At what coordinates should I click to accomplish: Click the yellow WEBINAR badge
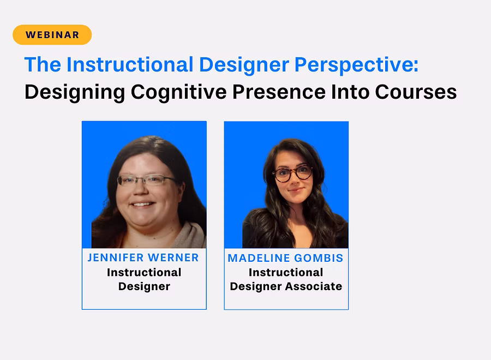(52, 34)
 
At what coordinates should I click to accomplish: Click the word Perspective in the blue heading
(356, 65)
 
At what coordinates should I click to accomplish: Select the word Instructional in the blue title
(130, 64)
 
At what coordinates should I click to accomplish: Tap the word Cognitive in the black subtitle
(179, 92)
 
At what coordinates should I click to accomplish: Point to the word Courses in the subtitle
(416, 92)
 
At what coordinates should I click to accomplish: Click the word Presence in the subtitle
(279, 92)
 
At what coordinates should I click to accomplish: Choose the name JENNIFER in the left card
(116, 257)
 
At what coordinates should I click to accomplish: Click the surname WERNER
(173, 257)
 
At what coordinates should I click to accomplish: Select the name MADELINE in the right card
(259, 258)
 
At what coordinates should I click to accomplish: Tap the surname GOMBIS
(319, 258)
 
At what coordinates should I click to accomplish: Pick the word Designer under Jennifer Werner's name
(145, 287)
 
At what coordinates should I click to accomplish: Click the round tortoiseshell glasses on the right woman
(292, 173)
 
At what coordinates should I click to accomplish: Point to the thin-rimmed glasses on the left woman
(146, 179)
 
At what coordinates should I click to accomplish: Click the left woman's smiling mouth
(143, 205)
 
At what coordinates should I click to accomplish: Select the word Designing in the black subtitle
(75, 92)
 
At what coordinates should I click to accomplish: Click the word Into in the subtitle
(350, 92)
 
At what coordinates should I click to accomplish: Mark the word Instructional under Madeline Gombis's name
(286, 272)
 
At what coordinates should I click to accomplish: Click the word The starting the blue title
(43, 64)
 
